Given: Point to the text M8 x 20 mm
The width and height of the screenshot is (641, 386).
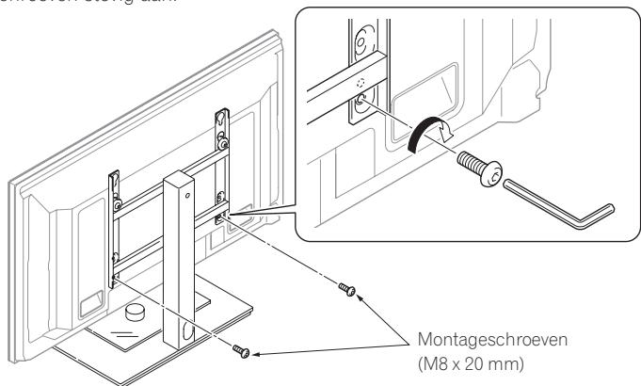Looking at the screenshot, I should pyautogui.click(x=479, y=361).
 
